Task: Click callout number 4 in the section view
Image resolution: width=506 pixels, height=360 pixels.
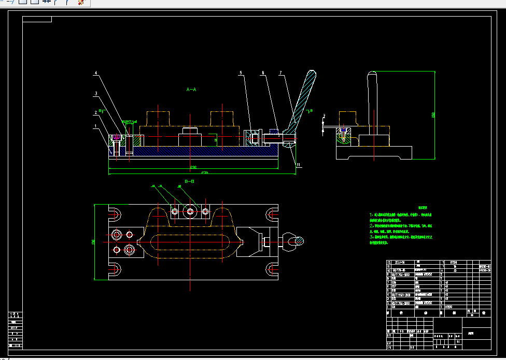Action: tap(95, 73)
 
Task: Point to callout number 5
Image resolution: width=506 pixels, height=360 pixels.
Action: tap(241, 73)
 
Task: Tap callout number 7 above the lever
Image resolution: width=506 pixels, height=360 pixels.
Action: tap(280, 73)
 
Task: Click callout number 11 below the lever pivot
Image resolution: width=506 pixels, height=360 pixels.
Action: tap(298, 165)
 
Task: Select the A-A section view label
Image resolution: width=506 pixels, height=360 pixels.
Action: tap(191, 90)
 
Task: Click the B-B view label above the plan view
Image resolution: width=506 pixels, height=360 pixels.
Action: tap(189, 182)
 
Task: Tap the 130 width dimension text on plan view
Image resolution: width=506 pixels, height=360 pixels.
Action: tap(94, 242)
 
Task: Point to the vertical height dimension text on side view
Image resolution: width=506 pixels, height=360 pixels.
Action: tap(433, 115)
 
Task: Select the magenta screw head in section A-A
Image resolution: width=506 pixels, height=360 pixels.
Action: tap(117, 137)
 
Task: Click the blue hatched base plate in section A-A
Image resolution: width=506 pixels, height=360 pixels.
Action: tap(207, 151)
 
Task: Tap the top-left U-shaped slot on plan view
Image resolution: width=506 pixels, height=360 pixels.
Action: tap(115, 213)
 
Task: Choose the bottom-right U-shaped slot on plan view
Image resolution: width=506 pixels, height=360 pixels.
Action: tap(272, 268)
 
